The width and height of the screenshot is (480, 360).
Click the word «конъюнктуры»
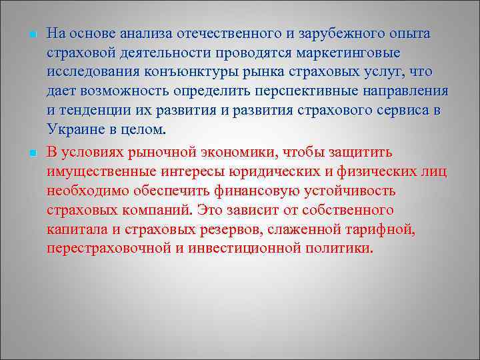tap(175, 71)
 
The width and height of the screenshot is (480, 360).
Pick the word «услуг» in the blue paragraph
tap(387, 71)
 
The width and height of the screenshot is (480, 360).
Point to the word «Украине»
tap(75, 129)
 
